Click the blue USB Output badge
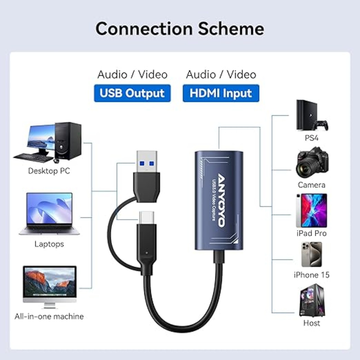click(x=132, y=93)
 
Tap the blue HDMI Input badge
click(x=221, y=93)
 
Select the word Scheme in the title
click(x=231, y=29)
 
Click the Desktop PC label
click(x=49, y=171)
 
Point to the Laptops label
click(x=49, y=244)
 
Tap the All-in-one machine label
click(x=49, y=316)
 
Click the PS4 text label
click(x=311, y=138)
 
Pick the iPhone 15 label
click(x=311, y=275)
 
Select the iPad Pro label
click(x=311, y=233)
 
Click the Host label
click(x=311, y=323)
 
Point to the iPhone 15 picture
click(x=311, y=254)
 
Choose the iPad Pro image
click(x=311, y=211)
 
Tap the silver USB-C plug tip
click(x=147, y=217)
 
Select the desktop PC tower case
click(x=68, y=141)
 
